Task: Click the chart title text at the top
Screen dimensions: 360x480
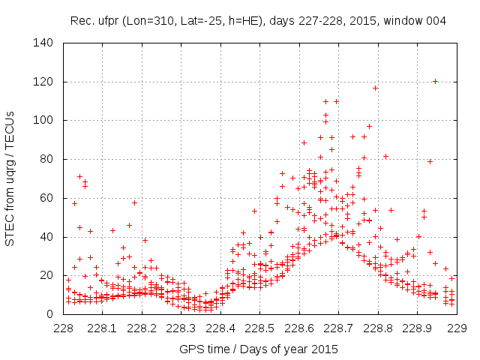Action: (x=258, y=21)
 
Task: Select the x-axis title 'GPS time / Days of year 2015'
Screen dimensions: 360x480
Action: (x=259, y=349)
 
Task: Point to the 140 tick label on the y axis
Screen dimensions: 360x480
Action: (x=43, y=43)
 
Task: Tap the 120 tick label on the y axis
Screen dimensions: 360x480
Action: (x=43, y=82)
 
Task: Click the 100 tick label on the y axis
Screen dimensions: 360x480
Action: (x=43, y=120)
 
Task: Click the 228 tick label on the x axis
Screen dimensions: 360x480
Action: (x=64, y=328)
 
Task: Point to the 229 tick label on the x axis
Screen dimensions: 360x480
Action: (x=456, y=328)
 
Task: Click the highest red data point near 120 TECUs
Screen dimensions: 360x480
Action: (x=435, y=81)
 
